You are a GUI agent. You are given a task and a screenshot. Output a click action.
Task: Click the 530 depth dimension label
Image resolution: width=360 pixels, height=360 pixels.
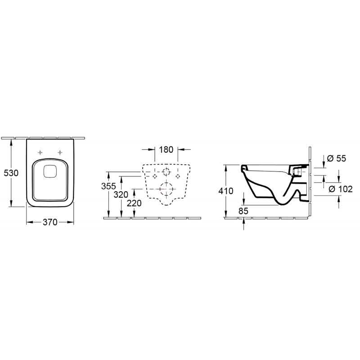point(11,173)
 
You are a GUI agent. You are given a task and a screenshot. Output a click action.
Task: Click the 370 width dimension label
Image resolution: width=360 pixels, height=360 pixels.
point(50,222)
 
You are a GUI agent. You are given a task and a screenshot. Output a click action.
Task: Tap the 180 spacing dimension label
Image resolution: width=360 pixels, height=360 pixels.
point(166,150)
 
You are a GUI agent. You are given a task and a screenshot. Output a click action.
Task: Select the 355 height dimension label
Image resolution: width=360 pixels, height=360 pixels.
point(108,186)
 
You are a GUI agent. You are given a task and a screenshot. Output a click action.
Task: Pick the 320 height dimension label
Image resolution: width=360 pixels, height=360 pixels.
point(121,195)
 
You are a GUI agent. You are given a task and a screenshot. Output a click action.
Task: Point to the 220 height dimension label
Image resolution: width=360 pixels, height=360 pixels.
point(134,203)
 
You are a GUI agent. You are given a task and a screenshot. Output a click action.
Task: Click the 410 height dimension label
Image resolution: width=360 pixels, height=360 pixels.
point(226,191)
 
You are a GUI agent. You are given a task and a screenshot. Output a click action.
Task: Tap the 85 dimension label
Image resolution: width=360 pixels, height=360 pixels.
point(243,211)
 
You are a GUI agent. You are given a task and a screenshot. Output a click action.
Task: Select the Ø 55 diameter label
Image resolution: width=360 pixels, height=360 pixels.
point(336,158)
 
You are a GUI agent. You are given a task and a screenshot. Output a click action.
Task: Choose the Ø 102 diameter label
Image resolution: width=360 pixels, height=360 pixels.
point(341,189)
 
